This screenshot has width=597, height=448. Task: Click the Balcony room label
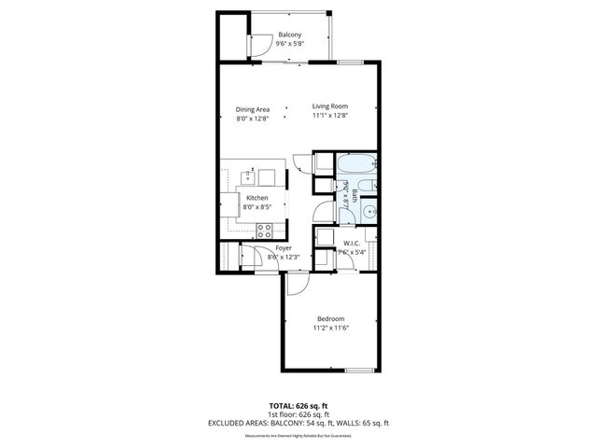[x=289, y=35]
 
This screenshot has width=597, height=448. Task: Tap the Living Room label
[x=330, y=106]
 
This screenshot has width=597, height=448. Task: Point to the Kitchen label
[x=257, y=198]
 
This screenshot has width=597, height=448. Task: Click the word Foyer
[x=284, y=248]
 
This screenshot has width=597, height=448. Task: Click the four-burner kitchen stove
[x=265, y=229]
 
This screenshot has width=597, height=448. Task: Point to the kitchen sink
[x=249, y=175]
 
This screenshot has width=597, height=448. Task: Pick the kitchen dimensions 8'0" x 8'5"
[x=257, y=208]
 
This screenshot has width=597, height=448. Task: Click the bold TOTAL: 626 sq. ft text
[x=298, y=406]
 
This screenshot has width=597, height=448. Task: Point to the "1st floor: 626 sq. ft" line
[x=298, y=415]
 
